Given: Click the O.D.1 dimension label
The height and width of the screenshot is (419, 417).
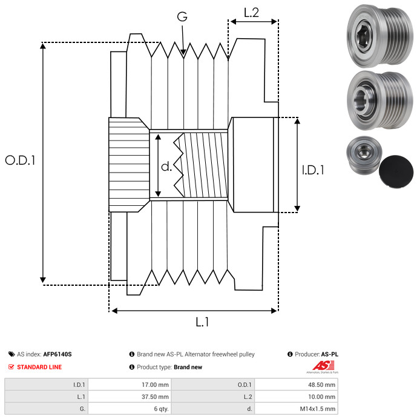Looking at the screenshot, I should point(21,161).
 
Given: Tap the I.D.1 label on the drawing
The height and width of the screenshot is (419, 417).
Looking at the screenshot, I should point(313,171).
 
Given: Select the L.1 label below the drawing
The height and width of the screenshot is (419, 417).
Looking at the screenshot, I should point(202,323).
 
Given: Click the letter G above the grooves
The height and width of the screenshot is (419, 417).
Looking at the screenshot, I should point(182,17).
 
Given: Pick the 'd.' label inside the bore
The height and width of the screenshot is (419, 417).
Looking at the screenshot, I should point(166,167).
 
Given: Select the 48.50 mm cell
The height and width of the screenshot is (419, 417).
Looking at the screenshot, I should point(321,384).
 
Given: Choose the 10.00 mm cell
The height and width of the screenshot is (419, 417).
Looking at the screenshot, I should point(321,396).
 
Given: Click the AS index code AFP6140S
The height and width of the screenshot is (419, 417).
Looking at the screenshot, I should point(57,354).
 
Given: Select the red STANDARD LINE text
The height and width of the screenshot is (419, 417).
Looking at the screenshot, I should point(39,367).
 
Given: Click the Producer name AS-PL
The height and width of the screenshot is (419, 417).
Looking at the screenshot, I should point(329,354).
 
